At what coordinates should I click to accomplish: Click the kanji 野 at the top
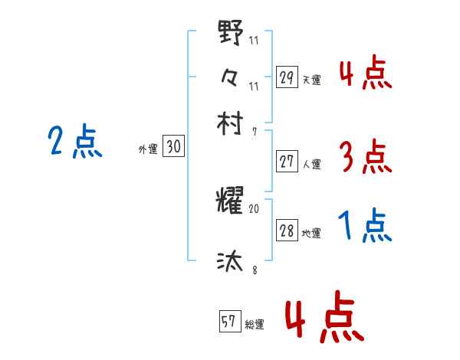point(230,34)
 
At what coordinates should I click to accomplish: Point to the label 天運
point(312,80)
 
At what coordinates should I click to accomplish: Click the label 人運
point(312,164)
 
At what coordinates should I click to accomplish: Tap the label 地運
point(312,234)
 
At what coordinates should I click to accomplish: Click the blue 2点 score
point(74,142)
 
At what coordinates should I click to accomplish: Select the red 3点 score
point(365,158)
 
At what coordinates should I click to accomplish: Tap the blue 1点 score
point(365,227)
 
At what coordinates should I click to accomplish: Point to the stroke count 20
point(255,208)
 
